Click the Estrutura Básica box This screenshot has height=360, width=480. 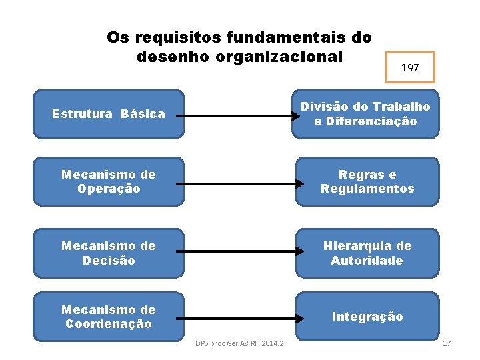108,114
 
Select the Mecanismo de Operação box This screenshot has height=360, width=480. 108,181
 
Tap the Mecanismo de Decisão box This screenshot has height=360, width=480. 108,253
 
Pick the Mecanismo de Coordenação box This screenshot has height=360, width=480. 108,317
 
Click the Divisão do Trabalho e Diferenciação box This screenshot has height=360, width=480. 365,114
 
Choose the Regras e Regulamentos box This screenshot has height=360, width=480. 367,181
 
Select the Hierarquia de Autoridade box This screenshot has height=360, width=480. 367,253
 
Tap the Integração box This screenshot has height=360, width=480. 367,317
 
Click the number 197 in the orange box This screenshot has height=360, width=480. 410,68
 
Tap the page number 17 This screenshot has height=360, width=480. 447,343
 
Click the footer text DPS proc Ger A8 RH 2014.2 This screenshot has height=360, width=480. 239,343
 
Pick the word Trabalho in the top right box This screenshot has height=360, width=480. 401,107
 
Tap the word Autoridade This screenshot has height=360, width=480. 367,261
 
